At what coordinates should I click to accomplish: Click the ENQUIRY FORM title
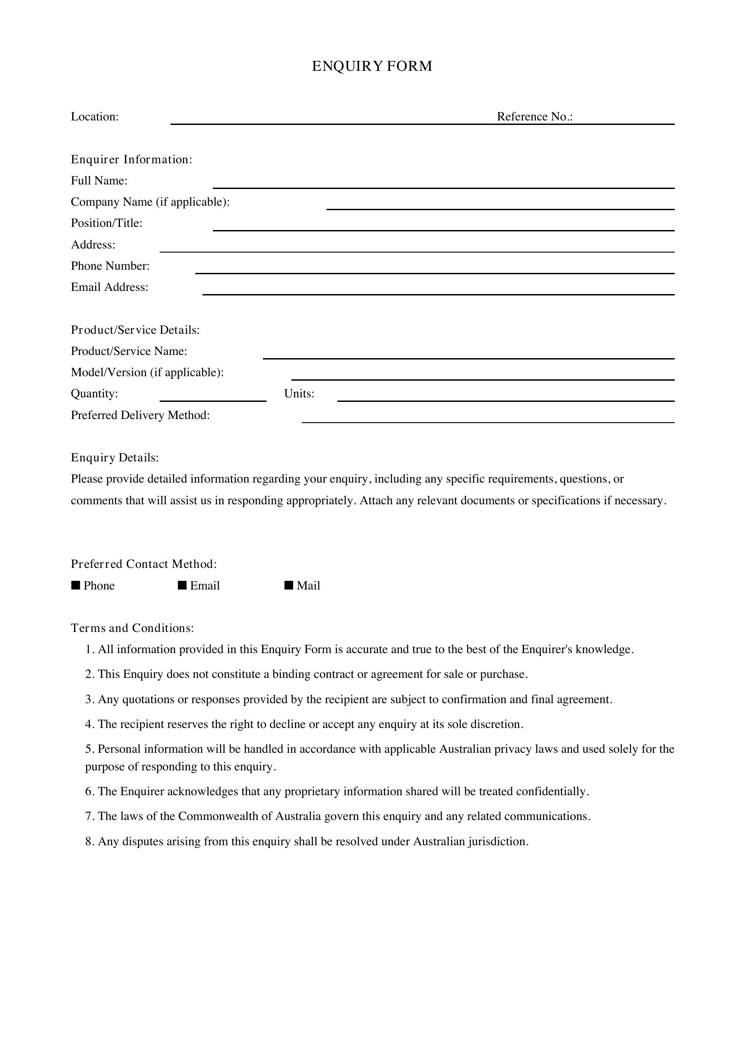372,66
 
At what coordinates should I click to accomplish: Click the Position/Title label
106,223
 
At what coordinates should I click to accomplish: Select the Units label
299,394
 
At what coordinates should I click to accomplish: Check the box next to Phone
76,585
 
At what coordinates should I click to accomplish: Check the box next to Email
182,585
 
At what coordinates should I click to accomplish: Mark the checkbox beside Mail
289,585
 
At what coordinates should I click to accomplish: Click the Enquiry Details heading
115,458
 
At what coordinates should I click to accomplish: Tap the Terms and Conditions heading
132,628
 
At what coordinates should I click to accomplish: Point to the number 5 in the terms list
89,750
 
